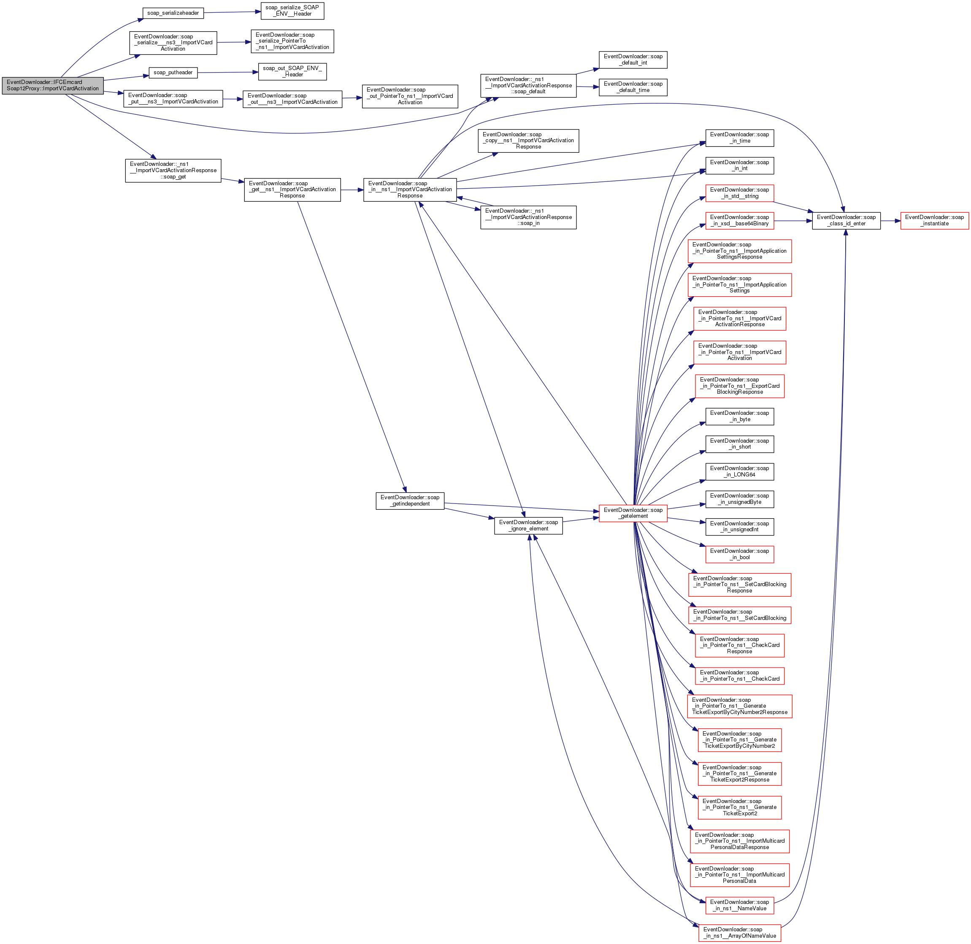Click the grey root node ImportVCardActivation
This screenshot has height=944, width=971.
click(x=53, y=85)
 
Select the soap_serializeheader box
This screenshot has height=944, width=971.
click(x=173, y=13)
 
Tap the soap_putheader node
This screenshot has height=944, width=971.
click(x=173, y=73)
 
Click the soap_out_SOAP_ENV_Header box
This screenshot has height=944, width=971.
click(x=292, y=71)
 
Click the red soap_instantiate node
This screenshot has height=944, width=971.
click(x=934, y=220)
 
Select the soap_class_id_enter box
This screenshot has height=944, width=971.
click(x=846, y=220)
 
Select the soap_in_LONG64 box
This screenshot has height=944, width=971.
click(x=739, y=471)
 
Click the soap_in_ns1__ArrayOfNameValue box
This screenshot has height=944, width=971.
click(x=739, y=933)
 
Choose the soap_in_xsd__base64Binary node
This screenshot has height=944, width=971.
click(x=739, y=220)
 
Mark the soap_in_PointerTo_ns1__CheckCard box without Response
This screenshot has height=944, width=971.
click(x=739, y=675)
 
